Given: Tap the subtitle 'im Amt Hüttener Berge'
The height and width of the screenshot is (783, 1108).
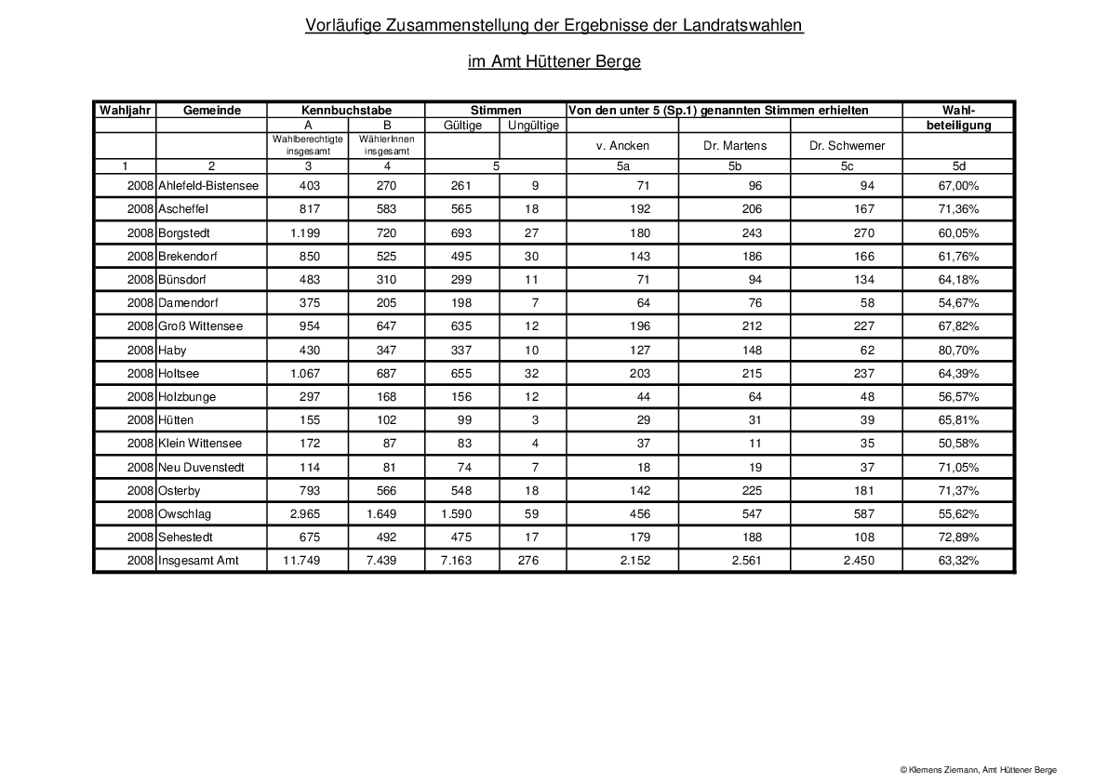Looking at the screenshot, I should click(554, 62).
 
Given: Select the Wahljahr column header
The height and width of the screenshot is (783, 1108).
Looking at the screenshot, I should click(125, 110).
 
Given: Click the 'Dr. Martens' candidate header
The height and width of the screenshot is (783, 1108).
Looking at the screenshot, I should click(736, 145).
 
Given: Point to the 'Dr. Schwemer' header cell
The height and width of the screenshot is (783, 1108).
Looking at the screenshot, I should click(848, 145).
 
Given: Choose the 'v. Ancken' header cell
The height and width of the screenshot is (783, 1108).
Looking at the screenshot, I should click(622, 145).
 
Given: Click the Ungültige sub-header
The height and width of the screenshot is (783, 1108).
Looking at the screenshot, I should click(533, 125).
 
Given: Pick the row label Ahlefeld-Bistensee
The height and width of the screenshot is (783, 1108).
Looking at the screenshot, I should click(208, 186).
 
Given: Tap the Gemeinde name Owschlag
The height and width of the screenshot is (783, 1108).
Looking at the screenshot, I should click(187, 514).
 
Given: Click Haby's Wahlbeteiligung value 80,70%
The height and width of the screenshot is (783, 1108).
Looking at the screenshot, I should click(958, 350).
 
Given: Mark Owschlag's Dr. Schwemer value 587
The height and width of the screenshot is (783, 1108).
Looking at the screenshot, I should click(862, 514).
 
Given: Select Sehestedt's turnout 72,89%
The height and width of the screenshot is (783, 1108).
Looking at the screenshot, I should click(958, 537).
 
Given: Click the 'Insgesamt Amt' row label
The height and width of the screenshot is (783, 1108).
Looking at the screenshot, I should click(198, 561).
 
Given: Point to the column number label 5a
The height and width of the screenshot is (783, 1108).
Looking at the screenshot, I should click(622, 166).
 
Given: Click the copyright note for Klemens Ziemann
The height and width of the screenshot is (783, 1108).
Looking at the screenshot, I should click(978, 770).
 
